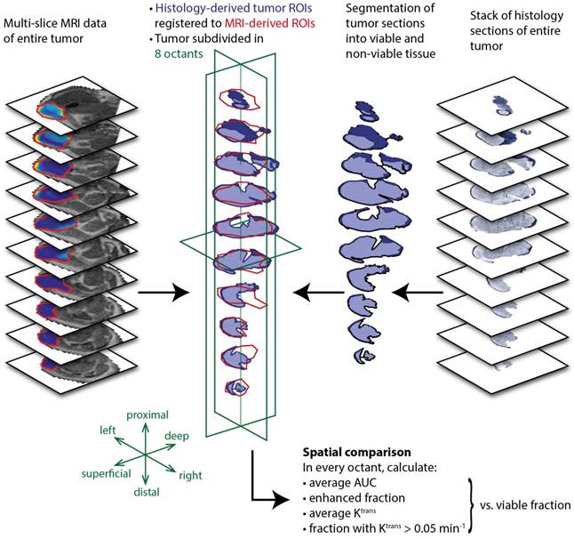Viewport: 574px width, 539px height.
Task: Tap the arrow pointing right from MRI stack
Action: click(x=167, y=290)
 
